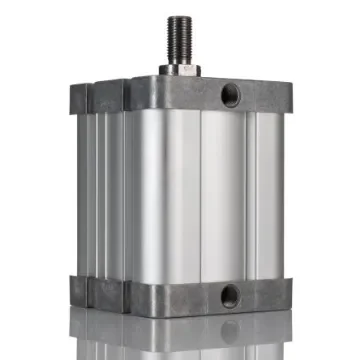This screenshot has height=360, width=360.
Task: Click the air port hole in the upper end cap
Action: coord(232,94)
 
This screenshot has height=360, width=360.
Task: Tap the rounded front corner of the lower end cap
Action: coord(131,294)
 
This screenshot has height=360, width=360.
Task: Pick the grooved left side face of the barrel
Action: coord(100,190)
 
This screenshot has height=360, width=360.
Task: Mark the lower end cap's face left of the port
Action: coord(180,297)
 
